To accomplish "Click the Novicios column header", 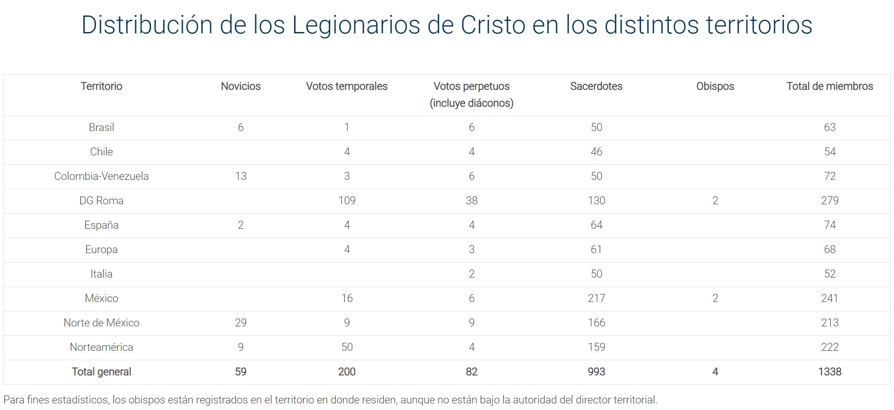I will tap(240, 86).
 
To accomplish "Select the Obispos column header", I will tap(715, 86).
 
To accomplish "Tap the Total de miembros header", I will tap(829, 86).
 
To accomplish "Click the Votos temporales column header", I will tap(347, 86).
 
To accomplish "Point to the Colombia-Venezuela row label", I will tap(101, 176).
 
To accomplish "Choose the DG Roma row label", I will tap(101, 201).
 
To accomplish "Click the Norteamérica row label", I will tap(101, 347).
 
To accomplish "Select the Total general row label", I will tap(101, 371).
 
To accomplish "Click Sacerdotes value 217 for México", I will tap(596, 298).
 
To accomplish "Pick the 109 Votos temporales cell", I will tap(347, 201).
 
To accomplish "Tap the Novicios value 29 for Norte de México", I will tap(240, 323).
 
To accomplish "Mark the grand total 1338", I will tap(829, 371).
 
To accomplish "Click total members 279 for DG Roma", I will tap(829, 201).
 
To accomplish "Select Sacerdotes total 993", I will tap(596, 371).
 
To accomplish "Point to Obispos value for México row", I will tap(715, 298).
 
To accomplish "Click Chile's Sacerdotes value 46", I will tap(596, 152).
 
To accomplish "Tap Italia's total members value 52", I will tap(829, 274).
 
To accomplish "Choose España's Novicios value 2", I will tap(240, 225).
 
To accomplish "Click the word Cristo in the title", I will tap(493, 25).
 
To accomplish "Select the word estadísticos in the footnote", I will tap(79, 400).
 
